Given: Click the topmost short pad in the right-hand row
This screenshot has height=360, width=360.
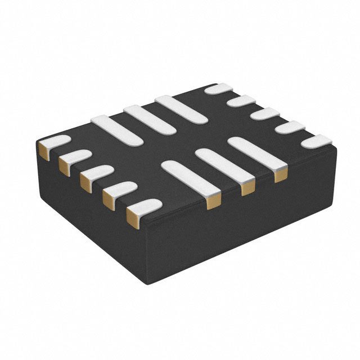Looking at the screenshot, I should coord(218,88).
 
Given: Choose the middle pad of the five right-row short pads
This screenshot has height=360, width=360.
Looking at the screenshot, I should coord(265,114).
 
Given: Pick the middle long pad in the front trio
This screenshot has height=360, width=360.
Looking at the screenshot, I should coord(220,164).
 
